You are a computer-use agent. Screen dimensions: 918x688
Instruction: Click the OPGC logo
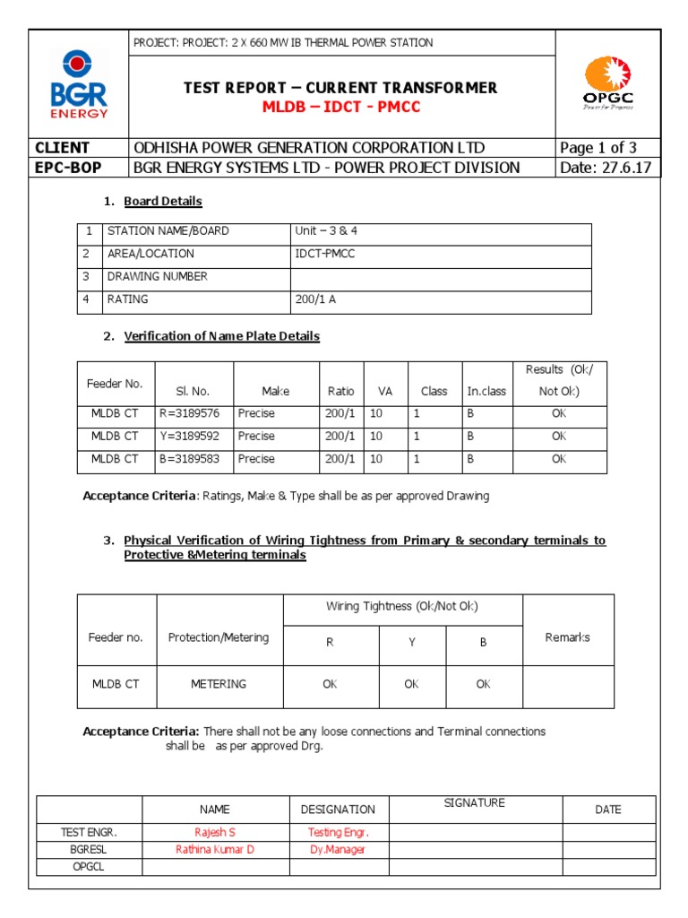point(608,83)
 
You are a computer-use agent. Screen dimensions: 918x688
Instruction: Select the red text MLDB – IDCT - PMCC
point(340,108)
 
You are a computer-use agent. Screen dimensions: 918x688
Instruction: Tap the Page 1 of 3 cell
point(598,148)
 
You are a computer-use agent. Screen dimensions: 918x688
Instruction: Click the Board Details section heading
point(162,201)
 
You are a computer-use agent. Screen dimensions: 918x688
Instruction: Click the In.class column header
point(486,392)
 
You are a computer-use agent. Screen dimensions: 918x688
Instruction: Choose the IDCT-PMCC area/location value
point(324,254)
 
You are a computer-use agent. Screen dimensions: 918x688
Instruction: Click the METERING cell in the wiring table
point(219,684)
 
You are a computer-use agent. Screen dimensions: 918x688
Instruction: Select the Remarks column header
point(567,637)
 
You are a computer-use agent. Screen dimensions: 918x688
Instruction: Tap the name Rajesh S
point(215,832)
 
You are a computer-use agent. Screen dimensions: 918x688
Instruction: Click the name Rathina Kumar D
point(215,849)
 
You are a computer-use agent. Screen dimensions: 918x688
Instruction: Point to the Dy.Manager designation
point(337,849)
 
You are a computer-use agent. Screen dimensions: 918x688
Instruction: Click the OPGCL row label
point(89,867)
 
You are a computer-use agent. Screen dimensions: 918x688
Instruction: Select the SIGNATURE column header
point(474,803)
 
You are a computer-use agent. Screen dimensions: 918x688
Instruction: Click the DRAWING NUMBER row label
point(157,277)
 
